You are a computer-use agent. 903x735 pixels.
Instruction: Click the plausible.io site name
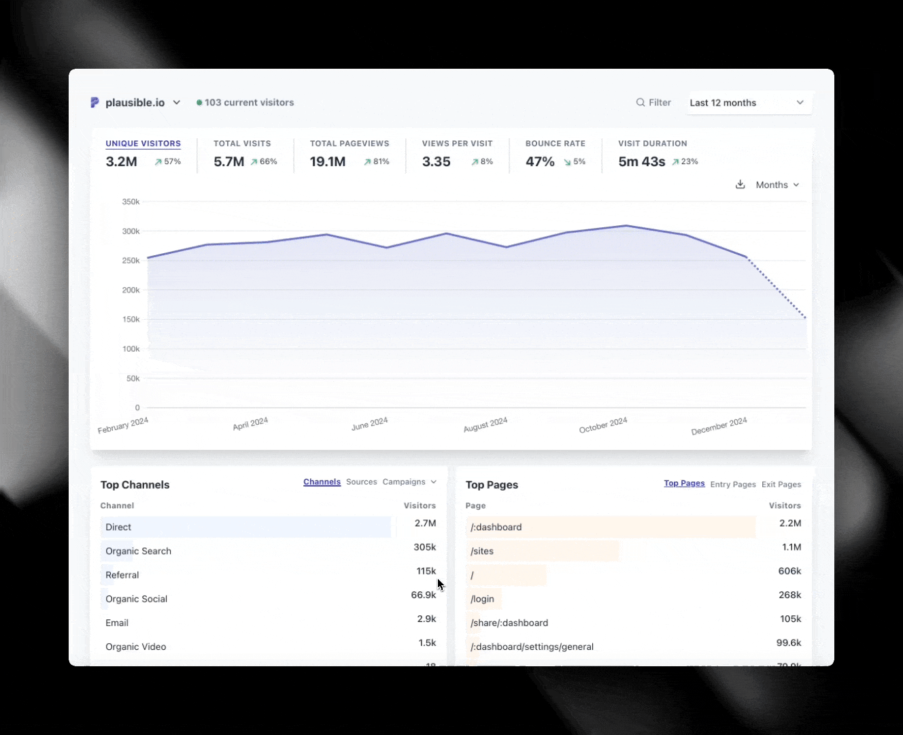tap(135, 103)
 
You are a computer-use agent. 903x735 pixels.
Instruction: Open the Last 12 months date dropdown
tap(748, 103)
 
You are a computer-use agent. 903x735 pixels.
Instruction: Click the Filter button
tap(653, 103)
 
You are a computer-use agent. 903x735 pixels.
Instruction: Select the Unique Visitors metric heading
tap(143, 144)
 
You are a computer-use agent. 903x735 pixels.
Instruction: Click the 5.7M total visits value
tap(228, 162)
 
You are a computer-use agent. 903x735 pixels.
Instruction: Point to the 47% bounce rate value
tap(540, 162)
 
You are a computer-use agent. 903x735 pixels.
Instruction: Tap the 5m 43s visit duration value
tap(641, 162)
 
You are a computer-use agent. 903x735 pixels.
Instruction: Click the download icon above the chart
tap(740, 184)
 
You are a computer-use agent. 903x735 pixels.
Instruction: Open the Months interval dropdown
tap(777, 185)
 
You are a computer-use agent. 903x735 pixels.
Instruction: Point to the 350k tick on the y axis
tap(131, 201)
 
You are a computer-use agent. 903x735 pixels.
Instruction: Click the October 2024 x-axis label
tap(603, 425)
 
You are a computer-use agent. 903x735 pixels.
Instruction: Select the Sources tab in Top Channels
tap(361, 482)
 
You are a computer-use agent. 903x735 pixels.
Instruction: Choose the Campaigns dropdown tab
tap(409, 482)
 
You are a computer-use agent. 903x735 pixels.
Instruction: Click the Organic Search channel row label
tap(138, 551)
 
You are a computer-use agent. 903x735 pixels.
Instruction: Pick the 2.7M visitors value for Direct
tap(425, 523)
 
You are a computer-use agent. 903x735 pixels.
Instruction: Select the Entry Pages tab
tap(733, 485)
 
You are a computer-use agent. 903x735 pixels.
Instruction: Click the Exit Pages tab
tap(781, 485)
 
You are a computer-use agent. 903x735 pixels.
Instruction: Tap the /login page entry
tap(482, 599)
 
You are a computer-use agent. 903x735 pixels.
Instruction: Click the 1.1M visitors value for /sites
tap(791, 547)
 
